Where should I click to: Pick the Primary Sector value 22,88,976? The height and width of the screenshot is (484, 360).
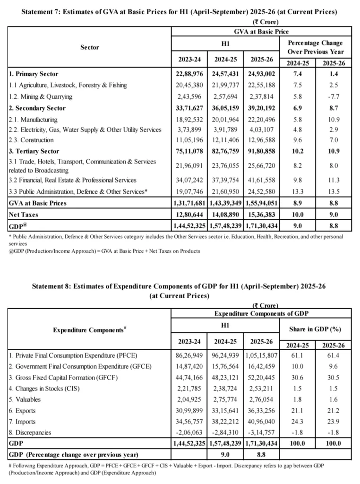pyautogui.click(x=189, y=74)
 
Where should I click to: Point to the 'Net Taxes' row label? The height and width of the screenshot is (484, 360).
pyautogui.click(x=25, y=214)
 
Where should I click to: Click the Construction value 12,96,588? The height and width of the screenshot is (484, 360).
pyautogui.click(x=261, y=140)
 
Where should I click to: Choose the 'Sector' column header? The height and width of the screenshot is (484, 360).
pyautogui.click(x=90, y=47)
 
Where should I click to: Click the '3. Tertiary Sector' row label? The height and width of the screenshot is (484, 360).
pyautogui.click(x=34, y=151)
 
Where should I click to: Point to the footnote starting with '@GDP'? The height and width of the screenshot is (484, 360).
pyautogui.click(x=104, y=251)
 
